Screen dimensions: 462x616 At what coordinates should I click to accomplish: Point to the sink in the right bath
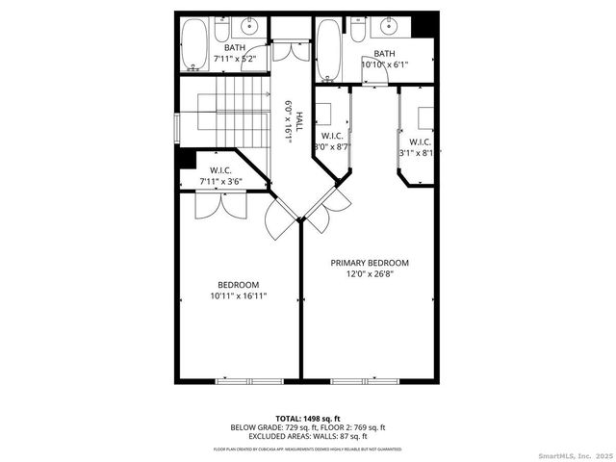point(390,25)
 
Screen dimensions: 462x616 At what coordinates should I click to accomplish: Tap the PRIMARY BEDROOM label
point(370,263)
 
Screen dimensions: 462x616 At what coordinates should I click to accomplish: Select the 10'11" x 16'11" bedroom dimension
point(238,296)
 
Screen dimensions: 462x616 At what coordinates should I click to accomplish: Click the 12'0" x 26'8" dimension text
point(370,273)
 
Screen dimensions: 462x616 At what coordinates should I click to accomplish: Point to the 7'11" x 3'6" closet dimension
point(221,180)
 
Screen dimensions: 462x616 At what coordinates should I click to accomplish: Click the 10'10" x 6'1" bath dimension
point(384,64)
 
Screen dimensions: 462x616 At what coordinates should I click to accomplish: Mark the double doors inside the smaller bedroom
point(210,203)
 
